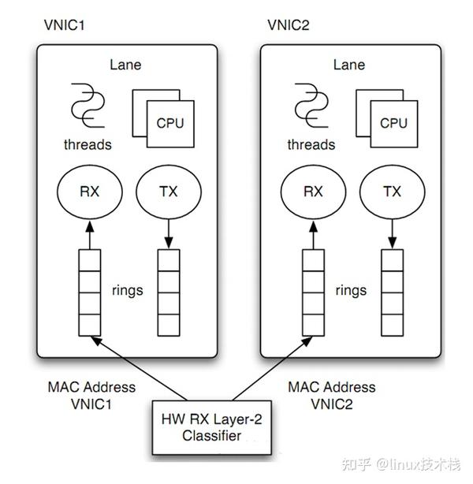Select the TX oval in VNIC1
[x=168, y=191]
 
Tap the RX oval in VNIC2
[x=314, y=191]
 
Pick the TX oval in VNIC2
[x=392, y=191]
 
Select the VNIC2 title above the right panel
[x=288, y=25]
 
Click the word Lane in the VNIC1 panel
[x=126, y=65]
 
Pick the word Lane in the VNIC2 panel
[x=349, y=65]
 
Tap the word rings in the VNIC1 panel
[x=126, y=289]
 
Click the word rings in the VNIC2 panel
[x=349, y=289]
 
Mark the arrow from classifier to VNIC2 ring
[x=272, y=370]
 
